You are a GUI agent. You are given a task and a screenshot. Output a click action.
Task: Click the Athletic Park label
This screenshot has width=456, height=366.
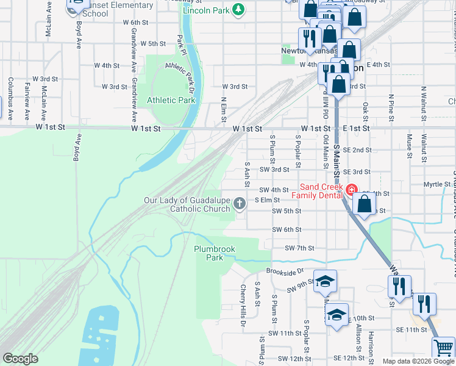coord(171,100)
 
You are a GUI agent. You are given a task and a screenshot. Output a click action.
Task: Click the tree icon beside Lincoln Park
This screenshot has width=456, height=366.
coord(239,9)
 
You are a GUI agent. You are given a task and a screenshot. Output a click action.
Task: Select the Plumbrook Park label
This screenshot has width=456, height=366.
coord(214,253)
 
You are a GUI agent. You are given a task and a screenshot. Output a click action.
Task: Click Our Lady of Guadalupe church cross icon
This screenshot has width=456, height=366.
coord(240,203)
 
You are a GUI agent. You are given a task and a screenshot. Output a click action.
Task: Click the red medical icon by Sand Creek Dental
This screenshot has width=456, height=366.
coord(351,190)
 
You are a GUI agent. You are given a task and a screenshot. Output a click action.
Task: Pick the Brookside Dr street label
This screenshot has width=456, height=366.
coord(284,271)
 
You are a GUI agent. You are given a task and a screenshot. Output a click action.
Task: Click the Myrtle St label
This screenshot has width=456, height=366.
coord(436,184)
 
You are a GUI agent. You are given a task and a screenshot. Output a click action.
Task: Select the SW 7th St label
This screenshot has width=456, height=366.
coord(299,248)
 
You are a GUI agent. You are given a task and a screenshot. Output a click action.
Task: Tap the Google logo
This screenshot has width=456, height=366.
coord(20,359)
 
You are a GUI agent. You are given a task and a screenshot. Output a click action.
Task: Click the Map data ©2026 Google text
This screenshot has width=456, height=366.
coord(418,361)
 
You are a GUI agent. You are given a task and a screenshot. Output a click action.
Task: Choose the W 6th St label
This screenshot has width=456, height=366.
coord(135,22)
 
